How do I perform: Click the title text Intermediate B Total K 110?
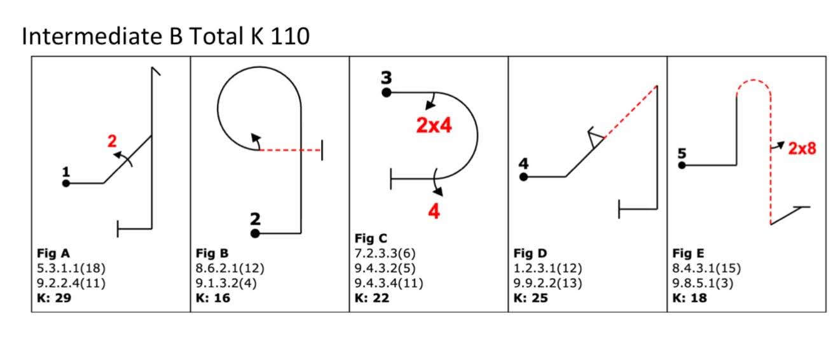pyautogui.click(x=165, y=36)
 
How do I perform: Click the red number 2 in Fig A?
pyautogui.click(x=112, y=141)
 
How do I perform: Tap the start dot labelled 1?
pyautogui.click(x=65, y=183)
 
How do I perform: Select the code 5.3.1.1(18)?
pyautogui.click(x=71, y=268)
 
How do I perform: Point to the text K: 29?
pyautogui.click(x=54, y=298)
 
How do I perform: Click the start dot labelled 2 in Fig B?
pyautogui.click(x=255, y=233)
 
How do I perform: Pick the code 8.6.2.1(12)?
pyautogui.click(x=230, y=268)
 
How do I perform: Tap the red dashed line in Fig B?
pyautogui.click(x=290, y=150)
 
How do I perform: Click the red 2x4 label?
pyautogui.click(x=434, y=125)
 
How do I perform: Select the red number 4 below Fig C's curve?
pyautogui.click(x=434, y=211)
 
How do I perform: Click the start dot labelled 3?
pyautogui.click(x=386, y=93)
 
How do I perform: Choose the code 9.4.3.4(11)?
pyautogui.click(x=388, y=283)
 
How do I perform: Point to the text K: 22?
pyautogui.click(x=371, y=298)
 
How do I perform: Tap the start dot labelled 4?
pyautogui.click(x=523, y=177)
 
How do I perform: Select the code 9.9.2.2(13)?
pyautogui.click(x=547, y=283)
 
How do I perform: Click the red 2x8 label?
pyautogui.click(x=802, y=149)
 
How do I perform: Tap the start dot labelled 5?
pyautogui.click(x=682, y=165)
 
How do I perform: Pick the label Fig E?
pyautogui.click(x=688, y=253)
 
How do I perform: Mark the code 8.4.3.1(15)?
pyautogui.click(x=706, y=268)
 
